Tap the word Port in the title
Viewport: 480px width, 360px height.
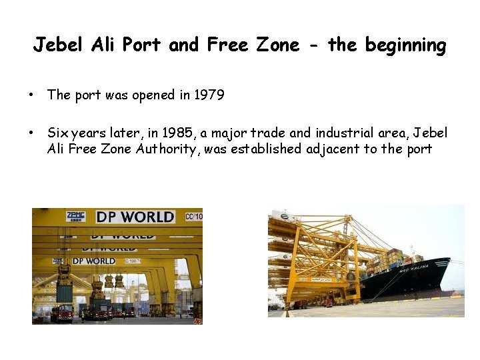[143, 45]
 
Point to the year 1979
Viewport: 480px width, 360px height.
[209, 95]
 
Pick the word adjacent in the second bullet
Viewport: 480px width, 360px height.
[333, 149]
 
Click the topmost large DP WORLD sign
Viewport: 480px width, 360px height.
[135, 217]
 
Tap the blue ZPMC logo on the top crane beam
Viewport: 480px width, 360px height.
[75, 216]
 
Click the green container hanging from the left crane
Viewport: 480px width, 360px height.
[65, 292]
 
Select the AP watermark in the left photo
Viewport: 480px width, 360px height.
[197, 320]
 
